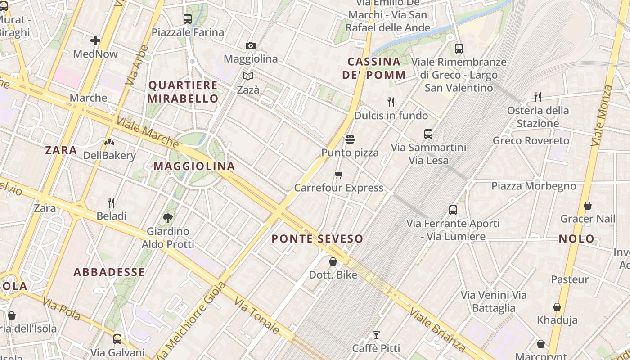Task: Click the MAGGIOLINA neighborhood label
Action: tap(194, 166)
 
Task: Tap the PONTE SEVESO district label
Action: tap(317, 239)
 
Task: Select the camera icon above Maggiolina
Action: tap(251, 45)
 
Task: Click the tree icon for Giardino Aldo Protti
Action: tap(168, 218)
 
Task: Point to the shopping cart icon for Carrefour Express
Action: tap(339, 175)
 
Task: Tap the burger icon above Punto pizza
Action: tap(350, 139)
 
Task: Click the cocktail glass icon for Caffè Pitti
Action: tap(376, 335)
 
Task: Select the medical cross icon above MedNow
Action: tap(95, 41)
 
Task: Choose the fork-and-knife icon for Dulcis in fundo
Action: tap(391, 102)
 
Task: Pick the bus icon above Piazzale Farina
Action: tap(188, 19)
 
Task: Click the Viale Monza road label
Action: tap(602, 116)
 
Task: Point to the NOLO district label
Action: tap(576, 239)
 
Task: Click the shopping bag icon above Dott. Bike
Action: tap(333, 261)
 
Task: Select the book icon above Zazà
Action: tap(248, 76)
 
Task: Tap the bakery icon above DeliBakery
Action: tap(109, 142)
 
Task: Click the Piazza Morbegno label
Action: tap(533, 186)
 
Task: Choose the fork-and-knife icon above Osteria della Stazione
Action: tap(537, 97)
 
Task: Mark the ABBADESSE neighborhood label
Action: tap(109, 272)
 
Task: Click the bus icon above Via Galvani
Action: tap(117, 339)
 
